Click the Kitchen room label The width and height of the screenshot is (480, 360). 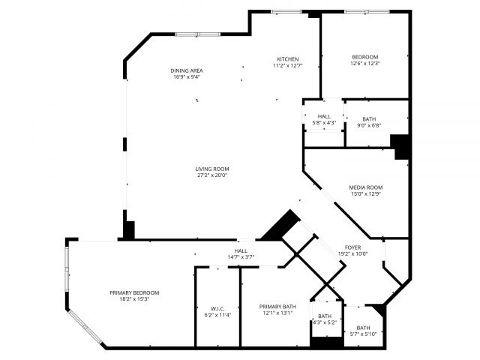pos(288,59)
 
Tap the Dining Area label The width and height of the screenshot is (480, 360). pos(187,70)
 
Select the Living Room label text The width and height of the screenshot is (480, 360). pos(212,169)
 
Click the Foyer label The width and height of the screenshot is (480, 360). pos(352,247)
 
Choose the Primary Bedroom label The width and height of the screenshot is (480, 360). pos(134,292)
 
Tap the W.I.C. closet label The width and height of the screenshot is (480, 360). pos(217,308)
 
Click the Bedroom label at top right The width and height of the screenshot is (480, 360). pos(365,57)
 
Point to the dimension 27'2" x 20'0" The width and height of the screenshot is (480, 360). pos(212,175)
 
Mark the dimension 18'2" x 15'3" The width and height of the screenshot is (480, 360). pos(134,299)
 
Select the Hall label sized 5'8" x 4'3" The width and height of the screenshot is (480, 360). pos(324,116)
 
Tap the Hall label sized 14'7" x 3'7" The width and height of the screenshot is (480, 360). pos(241,250)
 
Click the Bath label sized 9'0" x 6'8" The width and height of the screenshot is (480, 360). pos(369,118)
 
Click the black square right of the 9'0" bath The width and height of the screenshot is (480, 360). pos(400,145)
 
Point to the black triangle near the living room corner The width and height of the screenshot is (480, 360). pos(283,224)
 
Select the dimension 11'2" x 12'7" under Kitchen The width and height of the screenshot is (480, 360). pos(288,65)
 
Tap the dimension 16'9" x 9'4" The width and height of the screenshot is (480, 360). pos(187,76)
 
